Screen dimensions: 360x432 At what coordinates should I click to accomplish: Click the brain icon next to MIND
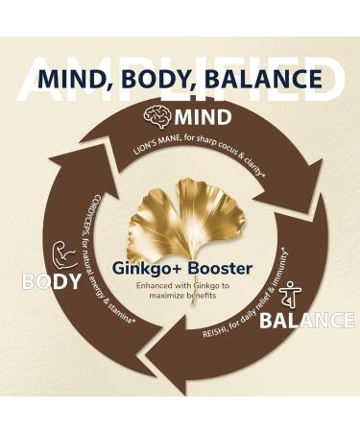tap(157, 117)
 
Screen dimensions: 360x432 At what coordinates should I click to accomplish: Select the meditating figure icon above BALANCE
tap(291, 295)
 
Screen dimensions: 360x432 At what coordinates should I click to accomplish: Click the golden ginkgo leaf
tap(182, 221)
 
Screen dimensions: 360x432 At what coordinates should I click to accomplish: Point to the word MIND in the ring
tap(204, 118)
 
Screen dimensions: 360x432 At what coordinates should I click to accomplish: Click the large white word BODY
tap(50, 283)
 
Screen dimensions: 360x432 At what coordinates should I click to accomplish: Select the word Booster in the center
tap(218, 269)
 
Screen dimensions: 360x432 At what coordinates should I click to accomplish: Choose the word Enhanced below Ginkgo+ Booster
tap(134, 286)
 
